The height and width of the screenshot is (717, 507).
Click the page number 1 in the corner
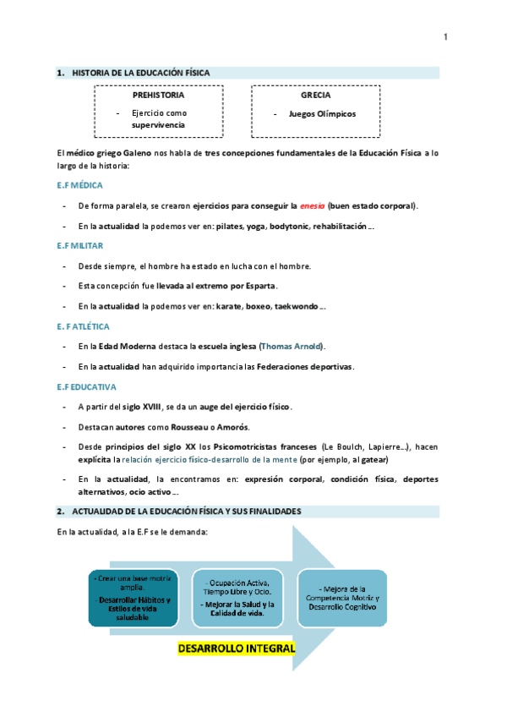coord(445,36)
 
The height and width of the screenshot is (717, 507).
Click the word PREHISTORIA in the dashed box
coord(158,96)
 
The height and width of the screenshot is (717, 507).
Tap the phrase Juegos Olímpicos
coord(322,113)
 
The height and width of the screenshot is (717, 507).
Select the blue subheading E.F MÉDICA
coord(74,184)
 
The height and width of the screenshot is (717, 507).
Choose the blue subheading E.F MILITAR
coord(74,245)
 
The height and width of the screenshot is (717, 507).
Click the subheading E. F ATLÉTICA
coord(78,326)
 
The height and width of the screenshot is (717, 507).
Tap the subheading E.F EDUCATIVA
coord(79,386)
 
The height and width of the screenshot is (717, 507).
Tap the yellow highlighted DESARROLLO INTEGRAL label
coord(236,649)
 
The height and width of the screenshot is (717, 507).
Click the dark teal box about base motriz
coord(133,598)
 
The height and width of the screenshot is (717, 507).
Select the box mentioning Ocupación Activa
coord(237,598)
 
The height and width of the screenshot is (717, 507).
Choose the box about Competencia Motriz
coord(342,598)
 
